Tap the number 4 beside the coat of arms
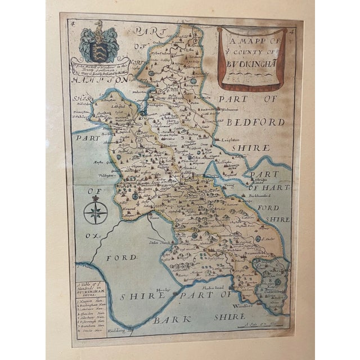71,24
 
